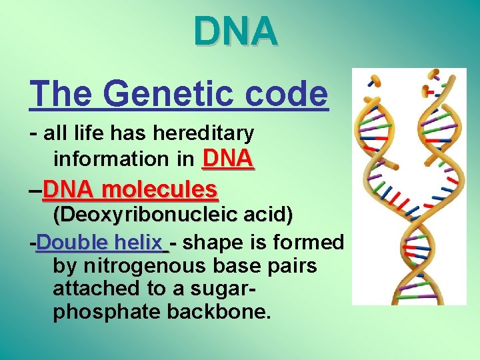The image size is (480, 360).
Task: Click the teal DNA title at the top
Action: click(236, 31)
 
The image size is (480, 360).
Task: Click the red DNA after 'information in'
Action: click(227, 158)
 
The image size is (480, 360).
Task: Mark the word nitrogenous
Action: click(139, 267)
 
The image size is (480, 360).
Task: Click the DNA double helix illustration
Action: click(409, 186)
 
